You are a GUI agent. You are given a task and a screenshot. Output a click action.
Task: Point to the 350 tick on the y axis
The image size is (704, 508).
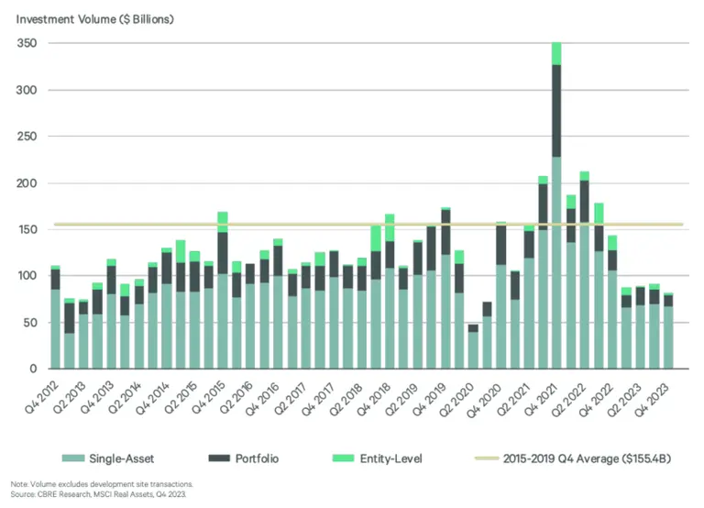coord(27,44)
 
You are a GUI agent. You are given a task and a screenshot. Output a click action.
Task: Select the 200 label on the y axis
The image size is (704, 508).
coord(27,183)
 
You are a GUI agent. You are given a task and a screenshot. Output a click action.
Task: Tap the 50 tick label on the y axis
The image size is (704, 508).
coord(29,323)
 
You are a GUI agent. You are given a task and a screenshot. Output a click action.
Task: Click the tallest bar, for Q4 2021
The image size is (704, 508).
coord(555,211)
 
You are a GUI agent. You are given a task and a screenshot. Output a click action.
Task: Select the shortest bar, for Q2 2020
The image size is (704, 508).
coord(473,348)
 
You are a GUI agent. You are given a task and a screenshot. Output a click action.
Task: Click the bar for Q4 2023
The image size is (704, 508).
coord(667,332)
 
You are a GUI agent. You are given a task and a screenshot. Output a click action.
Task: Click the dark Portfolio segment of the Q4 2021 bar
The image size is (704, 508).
coord(555,110)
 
